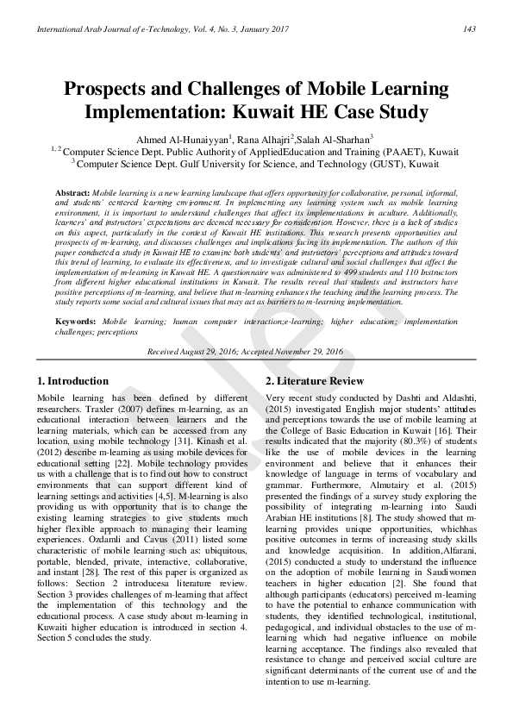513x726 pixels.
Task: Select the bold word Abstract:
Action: click(72, 191)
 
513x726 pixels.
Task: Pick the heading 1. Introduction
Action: click(72, 380)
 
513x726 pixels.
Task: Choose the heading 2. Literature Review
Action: click(314, 380)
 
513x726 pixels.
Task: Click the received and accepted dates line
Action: click(245, 352)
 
